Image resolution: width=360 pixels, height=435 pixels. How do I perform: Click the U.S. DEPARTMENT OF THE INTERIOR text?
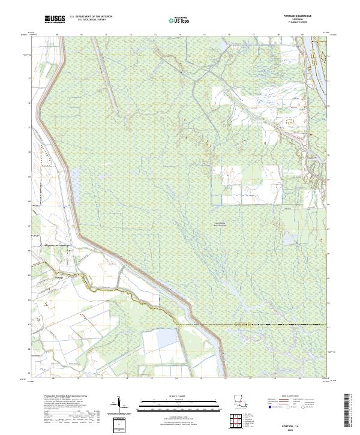point(91,17)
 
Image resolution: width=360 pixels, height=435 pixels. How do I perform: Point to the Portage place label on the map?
point(58,277)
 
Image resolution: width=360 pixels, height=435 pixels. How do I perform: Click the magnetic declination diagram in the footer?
point(119,404)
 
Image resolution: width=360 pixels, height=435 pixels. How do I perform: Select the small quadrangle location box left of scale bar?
point(118,422)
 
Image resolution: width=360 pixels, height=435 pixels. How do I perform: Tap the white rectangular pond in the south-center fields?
point(163,340)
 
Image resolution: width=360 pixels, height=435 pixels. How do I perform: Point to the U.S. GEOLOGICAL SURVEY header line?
point(91,21)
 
